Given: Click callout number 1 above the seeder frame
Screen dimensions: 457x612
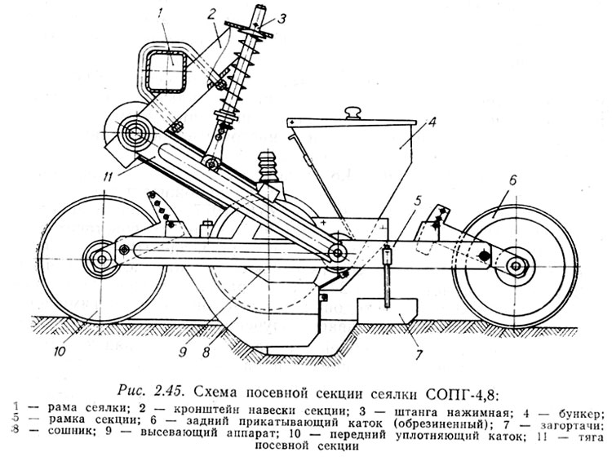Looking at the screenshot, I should [x=161, y=12].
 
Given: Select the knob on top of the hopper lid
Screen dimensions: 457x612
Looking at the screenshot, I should [x=353, y=111].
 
